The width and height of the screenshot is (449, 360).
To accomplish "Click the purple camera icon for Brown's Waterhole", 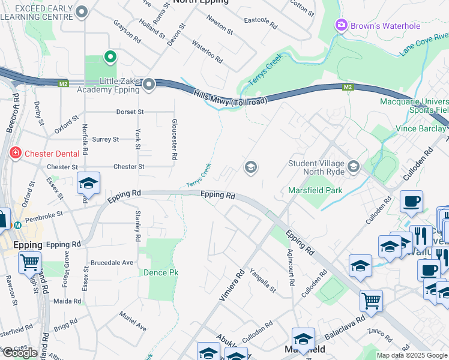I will tap(341, 25).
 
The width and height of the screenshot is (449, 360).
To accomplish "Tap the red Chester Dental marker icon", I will tap(15, 154).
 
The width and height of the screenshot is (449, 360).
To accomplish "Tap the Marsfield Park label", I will tap(315, 190).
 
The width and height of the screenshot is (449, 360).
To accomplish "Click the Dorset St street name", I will tap(130, 112).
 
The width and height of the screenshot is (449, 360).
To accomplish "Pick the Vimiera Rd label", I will tap(232, 285).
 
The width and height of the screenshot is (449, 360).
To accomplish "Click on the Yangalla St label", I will tap(262, 281).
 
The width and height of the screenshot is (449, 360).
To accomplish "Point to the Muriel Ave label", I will tap(133, 321).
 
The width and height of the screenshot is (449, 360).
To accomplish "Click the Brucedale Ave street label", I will tap(112, 263).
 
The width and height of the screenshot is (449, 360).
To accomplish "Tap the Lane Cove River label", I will tap(424, 49).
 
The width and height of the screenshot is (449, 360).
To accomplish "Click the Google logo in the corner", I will tap(20, 352).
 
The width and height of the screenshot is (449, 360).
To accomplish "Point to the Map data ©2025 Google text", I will tap(411, 355).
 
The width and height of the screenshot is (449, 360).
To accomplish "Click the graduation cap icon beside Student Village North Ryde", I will tap(354, 166).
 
